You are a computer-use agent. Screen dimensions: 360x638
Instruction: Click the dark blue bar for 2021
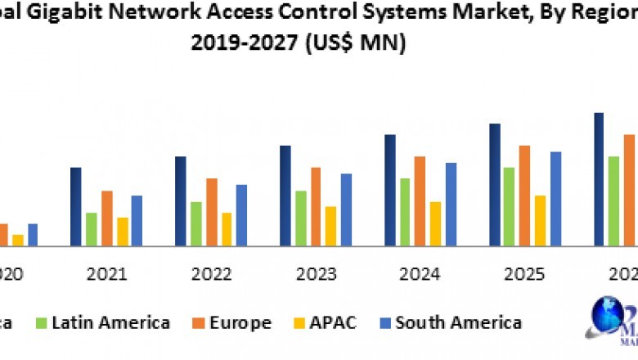75,206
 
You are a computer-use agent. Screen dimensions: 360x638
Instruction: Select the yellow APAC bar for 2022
227,229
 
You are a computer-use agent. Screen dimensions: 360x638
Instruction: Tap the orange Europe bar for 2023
316,206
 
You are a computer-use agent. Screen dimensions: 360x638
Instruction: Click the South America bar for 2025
556,198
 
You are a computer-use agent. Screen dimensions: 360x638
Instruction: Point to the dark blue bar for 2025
495,184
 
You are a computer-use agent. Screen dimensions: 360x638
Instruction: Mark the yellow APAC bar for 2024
436,223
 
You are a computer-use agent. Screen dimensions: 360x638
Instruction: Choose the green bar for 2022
196,223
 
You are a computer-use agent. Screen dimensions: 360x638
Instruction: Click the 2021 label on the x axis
106,274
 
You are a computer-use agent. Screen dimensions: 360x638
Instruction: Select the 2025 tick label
524,274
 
